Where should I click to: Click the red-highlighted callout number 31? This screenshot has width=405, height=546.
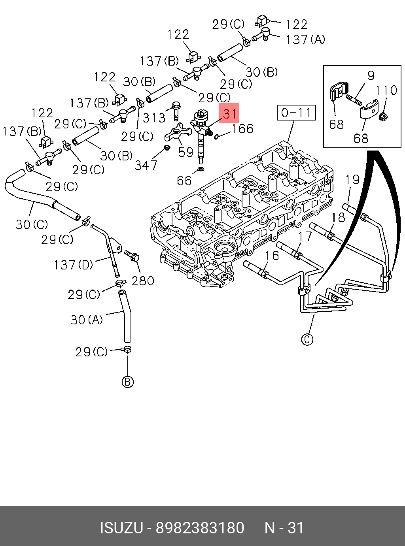229,113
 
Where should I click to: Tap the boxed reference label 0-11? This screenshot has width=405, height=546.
296,113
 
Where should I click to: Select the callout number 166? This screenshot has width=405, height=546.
242,129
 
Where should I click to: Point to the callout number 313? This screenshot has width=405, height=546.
154,117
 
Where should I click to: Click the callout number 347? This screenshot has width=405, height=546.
146,165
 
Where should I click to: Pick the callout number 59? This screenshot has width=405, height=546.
185,152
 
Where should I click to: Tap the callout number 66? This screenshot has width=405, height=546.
184,181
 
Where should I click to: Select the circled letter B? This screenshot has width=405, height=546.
127,382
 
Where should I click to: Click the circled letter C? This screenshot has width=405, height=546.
307,339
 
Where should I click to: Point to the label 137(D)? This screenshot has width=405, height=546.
73,264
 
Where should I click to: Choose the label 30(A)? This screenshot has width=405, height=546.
87,319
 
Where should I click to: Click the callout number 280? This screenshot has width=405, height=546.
143,281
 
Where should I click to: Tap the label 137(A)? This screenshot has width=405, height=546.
305,40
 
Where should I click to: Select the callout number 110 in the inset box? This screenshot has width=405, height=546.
386,90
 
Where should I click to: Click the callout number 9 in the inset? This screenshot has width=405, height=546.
371,75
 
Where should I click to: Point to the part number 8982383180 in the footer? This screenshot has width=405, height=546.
200,528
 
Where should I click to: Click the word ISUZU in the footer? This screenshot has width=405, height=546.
121,528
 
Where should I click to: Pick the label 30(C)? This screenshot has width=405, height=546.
32,224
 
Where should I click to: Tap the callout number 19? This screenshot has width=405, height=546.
352,180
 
